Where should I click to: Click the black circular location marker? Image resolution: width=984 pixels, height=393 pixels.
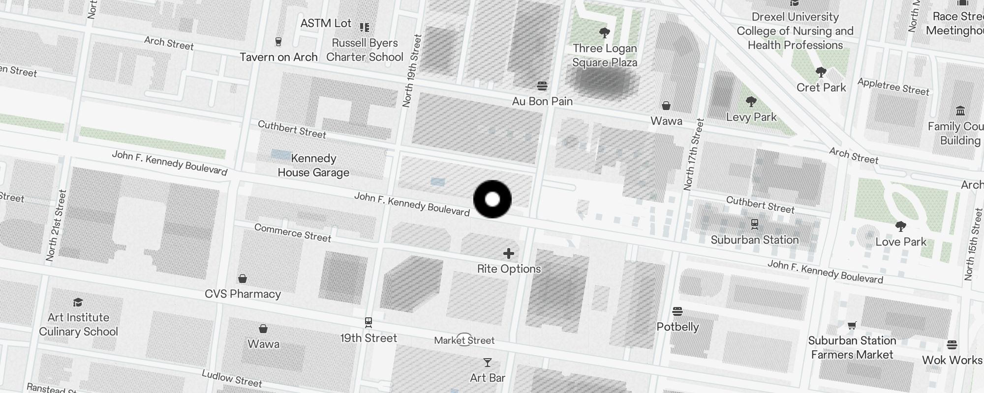(492, 199)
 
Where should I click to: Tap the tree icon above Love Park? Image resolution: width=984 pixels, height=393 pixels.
(901, 226)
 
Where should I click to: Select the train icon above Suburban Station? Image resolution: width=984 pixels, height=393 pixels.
(755, 225)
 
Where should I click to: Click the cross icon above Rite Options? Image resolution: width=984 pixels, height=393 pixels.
(509, 253)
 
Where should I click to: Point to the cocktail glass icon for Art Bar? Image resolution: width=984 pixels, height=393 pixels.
(488, 363)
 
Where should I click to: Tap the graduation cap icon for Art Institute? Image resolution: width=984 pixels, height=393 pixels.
(78, 302)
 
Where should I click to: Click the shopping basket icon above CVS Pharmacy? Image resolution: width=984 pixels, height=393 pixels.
(243, 279)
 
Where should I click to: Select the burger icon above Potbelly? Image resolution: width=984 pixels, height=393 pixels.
(677, 311)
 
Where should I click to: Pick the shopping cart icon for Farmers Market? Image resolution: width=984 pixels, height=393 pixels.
(852, 325)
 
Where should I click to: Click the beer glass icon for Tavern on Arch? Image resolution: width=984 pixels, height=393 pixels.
(278, 42)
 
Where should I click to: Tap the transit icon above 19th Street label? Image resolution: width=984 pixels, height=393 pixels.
(369, 323)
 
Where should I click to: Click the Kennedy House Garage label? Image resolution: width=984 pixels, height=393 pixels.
(313, 166)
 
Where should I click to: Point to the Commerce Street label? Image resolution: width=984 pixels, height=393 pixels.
(293, 233)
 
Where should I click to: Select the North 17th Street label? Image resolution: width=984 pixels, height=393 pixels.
(694, 154)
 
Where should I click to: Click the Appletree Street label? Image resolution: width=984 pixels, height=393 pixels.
(893, 86)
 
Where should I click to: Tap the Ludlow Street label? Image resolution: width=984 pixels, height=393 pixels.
(232, 378)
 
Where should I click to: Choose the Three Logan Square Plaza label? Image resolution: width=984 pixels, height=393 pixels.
(605, 56)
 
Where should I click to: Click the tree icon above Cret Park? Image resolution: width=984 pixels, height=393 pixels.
(821, 73)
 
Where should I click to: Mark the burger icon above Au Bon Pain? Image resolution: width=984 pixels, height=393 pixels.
(542, 86)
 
